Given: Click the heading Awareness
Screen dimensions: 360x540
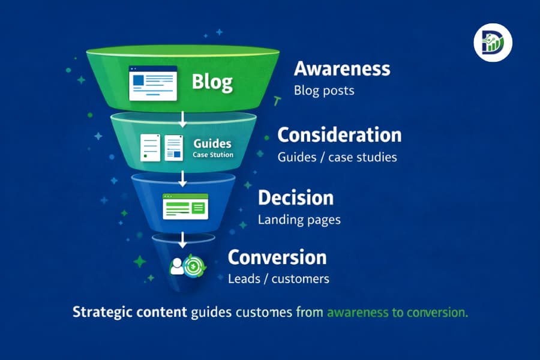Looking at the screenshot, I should pyautogui.click(x=342, y=69).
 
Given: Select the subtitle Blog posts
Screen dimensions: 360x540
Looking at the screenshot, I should pyautogui.click(x=324, y=91).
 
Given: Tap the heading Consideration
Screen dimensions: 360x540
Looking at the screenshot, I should pyautogui.click(x=339, y=135).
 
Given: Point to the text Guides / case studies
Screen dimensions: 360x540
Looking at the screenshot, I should pyautogui.click(x=337, y=157).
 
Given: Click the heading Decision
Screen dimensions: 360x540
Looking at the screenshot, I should pyautogui.click(x=295, y=198).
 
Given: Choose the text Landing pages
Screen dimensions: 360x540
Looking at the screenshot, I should pyautogui.click(x=299, y=220).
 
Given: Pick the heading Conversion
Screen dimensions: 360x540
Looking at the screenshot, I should pyautogui.click(x=277, y=257).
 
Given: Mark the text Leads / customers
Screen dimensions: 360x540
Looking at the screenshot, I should pyautogui.click(x=278, y=279).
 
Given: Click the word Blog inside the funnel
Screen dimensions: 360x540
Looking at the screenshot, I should pyautogui.click(x=212, y=82).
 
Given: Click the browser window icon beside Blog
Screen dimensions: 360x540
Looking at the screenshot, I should pyautogui.click(x=153, y=83).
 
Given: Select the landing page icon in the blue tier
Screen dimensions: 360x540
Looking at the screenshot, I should pyautogui.click(x=185, y=206).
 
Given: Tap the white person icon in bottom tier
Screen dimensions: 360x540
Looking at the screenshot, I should pyautogui.click(x=177, y=266).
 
